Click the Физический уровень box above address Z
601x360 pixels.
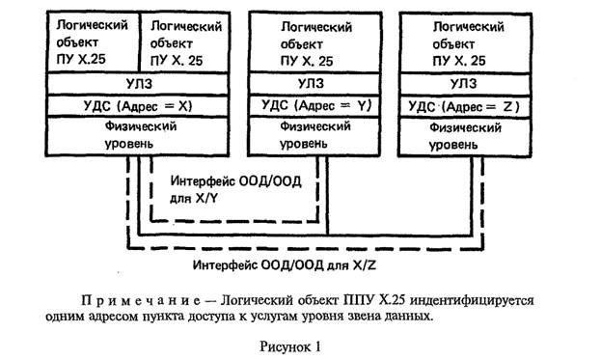467,135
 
